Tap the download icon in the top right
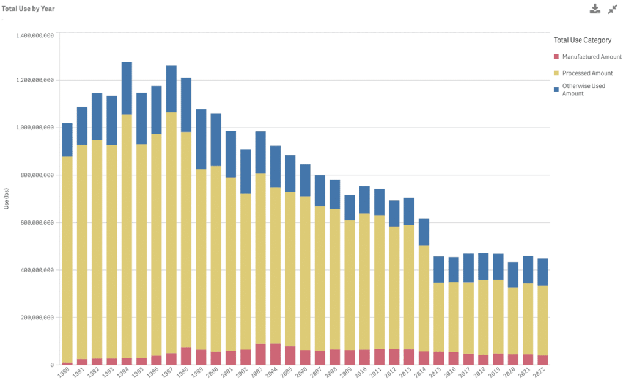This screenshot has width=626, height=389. pos(595,9)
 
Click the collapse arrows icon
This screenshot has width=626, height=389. pos(613,9)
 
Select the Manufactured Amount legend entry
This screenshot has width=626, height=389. pos(592,57)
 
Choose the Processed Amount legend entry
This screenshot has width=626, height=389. pos(587,73)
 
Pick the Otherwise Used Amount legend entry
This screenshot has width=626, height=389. pos(583,90)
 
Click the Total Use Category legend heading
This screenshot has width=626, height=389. pos(582,40)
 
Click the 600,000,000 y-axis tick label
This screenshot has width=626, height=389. pos(35,223)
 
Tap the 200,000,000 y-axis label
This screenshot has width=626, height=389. pos(35,318)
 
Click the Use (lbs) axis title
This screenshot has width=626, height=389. pos(7,199)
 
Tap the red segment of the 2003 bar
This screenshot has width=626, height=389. pos(260,355)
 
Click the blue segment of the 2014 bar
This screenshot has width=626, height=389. pos(424,232)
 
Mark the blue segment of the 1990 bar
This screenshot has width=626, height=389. pos(67,140)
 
